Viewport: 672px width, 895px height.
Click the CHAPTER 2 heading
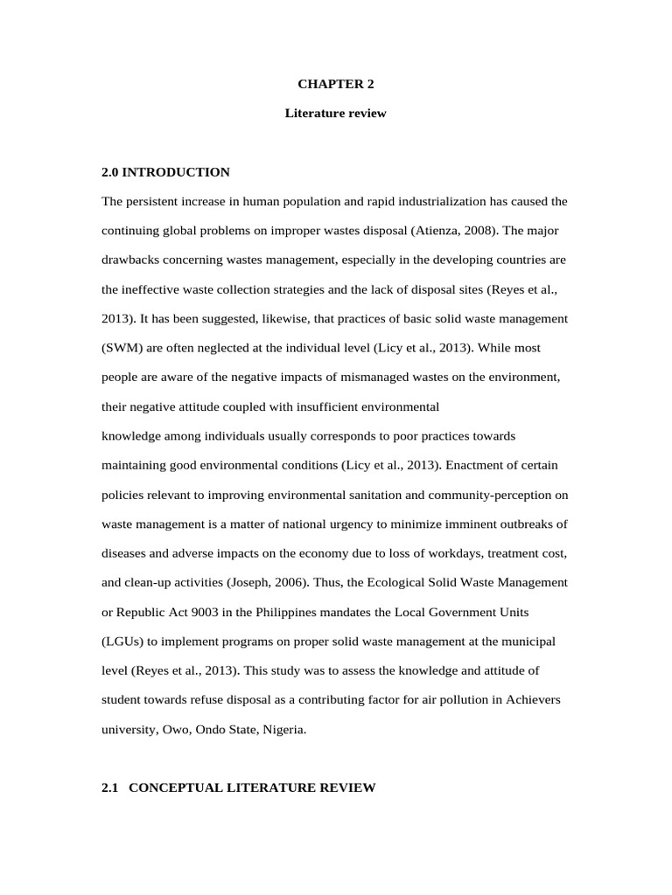coord(335,85)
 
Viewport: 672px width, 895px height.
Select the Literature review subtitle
coord(335,114)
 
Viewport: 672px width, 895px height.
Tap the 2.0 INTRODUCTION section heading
coord(166,172)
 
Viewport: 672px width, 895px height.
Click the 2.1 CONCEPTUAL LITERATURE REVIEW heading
coord(239,787)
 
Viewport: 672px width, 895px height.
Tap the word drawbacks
coord(132,260)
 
